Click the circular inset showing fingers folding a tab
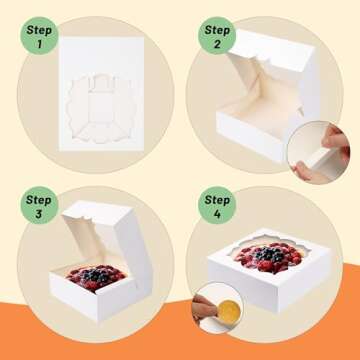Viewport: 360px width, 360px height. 314,143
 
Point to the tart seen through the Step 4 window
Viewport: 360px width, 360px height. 268,259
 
